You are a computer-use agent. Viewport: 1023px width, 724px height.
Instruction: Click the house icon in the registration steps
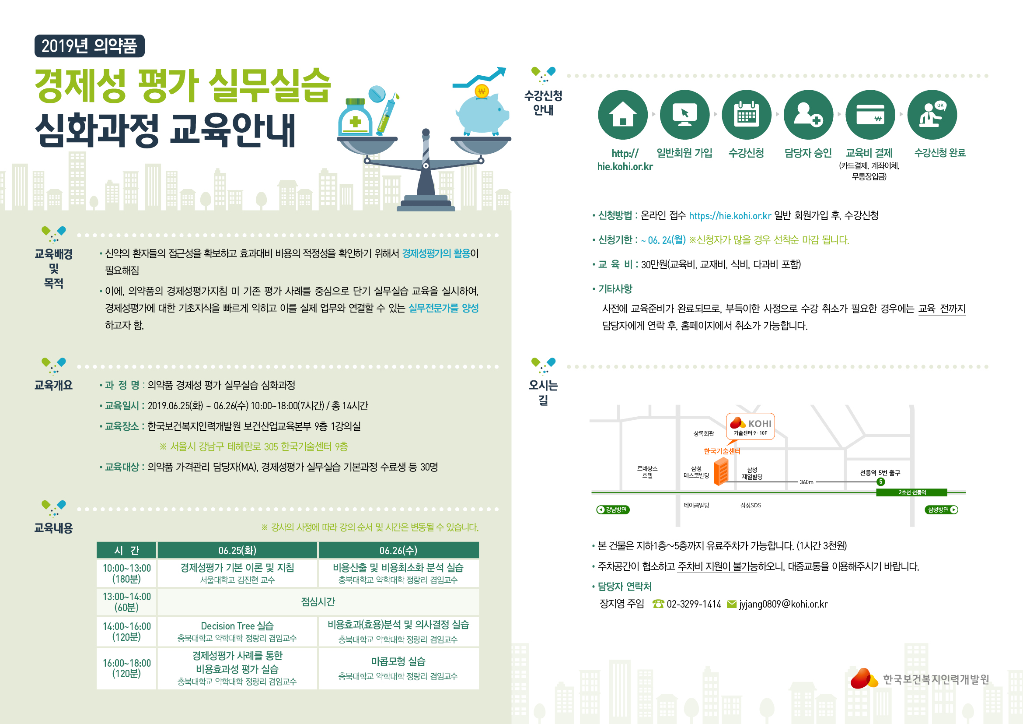622,115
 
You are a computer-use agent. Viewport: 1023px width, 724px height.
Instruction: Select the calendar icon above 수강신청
746,115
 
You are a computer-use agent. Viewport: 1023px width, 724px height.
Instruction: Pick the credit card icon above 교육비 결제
870,115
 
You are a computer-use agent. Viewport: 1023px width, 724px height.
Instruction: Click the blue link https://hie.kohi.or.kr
730,216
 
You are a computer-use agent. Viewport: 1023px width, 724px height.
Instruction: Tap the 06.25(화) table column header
237,550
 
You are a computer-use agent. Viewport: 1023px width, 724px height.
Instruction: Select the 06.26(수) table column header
399,550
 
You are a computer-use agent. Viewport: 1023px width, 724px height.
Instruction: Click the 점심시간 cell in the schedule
318,602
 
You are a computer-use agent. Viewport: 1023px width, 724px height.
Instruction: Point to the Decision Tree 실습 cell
237,631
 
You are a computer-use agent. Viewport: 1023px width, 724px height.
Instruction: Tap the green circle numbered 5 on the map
880,481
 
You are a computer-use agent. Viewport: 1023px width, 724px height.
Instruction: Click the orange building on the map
721,472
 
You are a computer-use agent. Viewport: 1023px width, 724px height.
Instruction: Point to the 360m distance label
807,482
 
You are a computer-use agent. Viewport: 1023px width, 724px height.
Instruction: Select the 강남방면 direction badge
613,510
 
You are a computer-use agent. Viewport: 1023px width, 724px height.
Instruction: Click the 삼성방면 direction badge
942,510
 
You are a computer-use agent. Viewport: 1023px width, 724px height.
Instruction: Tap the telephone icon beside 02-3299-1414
658,604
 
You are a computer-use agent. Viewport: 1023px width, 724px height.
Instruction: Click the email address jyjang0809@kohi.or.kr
783,604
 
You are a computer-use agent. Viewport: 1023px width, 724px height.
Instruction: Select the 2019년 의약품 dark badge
90,46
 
